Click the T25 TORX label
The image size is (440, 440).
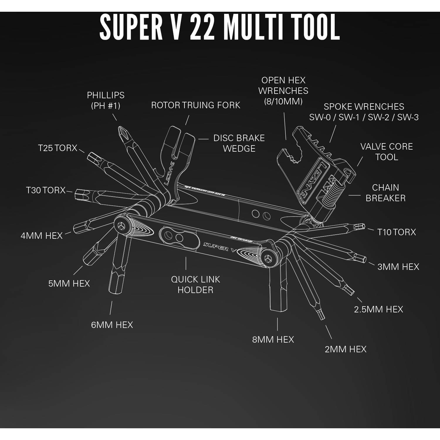57,148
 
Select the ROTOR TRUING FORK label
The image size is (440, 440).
195,105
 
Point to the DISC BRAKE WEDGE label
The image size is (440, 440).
239,143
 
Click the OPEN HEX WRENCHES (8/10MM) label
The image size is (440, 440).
283,91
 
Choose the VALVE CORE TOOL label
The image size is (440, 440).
386,152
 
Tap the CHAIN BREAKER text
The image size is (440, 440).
385,193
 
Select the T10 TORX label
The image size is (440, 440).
396,232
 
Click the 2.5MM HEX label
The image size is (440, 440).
378,309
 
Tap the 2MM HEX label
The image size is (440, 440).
345,349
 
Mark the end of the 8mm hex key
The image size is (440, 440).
277,305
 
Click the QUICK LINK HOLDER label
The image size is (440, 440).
195,285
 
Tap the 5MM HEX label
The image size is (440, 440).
69,283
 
